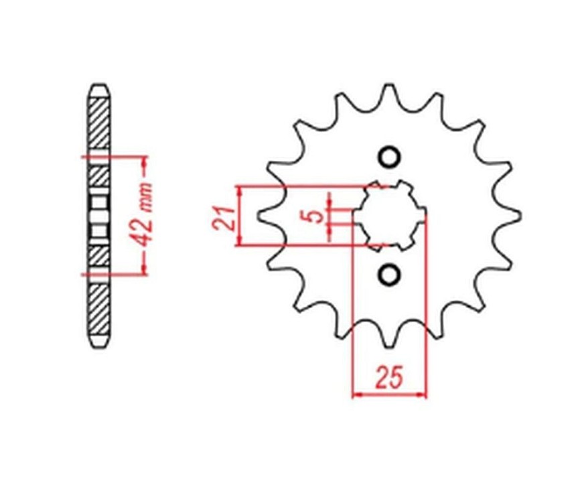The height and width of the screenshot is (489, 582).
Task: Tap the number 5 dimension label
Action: point(316,216)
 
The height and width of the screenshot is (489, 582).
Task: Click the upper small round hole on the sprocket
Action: point(389,157)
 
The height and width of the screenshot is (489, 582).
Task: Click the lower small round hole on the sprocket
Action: point(389,275)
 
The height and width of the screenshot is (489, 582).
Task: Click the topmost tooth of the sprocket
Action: point(388,93)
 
